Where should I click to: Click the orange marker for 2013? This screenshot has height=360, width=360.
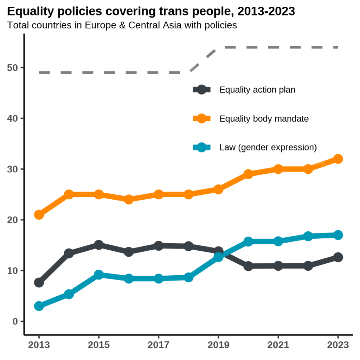[x=39, y=214]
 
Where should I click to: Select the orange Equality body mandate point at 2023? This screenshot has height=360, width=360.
[x=338, y=159]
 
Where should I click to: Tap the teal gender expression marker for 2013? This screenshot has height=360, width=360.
[x=39, y=306]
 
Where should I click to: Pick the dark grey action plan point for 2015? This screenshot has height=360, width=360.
[x=99, y=245]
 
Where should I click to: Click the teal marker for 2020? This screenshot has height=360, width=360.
[x=248, y=242]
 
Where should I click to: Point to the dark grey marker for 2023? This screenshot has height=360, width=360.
[x=338, y=257]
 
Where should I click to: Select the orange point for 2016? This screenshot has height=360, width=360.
[x=129, y=199]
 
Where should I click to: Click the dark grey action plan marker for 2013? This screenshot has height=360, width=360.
[x=39, y=282]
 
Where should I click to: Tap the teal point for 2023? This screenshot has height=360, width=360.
[x=338, y=235]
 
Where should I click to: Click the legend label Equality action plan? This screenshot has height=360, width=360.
[x=257, y=90]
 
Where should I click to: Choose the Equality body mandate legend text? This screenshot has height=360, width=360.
[x=264, y=118]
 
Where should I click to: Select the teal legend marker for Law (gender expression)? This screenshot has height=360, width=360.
[x=201, y=147]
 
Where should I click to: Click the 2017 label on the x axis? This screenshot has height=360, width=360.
[x=159, y=345]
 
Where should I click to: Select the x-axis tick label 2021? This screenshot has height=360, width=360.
[x=278, y=345]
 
